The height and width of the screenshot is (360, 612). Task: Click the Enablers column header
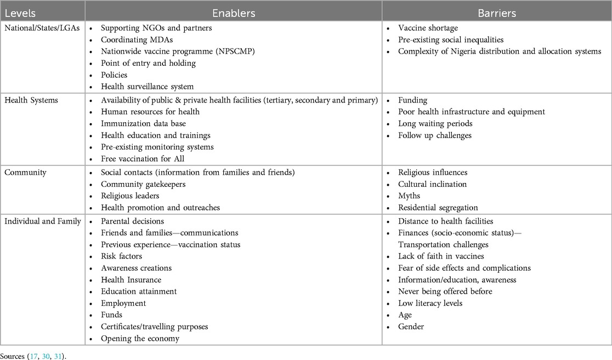coord(234,11)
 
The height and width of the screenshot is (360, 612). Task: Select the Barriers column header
coord(496,11)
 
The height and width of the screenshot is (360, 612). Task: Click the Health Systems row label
coord(31,100)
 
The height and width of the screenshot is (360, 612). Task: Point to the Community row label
coord(25,172)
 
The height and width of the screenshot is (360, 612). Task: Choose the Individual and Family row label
coord(43,221)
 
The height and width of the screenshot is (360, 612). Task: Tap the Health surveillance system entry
coord(147,87)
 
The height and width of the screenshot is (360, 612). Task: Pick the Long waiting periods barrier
coord(435,123)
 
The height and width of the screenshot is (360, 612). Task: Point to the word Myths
coord(409,196)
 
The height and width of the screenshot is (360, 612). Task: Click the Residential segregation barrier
coord(438,208)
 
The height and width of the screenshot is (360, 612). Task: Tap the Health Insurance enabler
coord(131,279)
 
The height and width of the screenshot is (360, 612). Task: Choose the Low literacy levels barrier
coord(430,303)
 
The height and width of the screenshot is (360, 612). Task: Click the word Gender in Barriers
coord(411,327)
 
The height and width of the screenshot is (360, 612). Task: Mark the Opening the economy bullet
coord(140,338)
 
